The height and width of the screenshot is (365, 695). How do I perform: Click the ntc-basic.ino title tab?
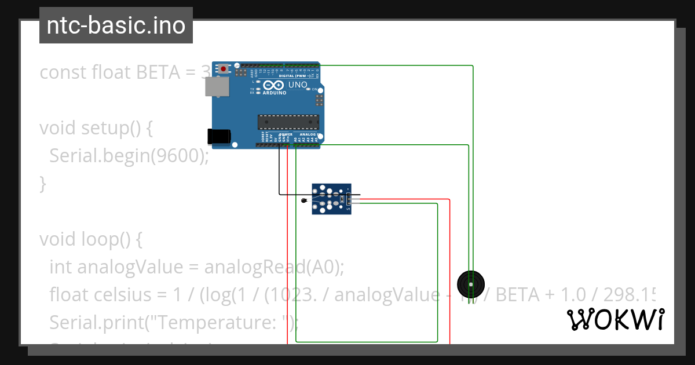pos(116,25)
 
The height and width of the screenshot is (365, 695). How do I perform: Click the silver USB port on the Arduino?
pos(217,86)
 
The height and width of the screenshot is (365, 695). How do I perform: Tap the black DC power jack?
pos(219,136)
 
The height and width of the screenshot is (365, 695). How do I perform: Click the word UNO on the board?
pos(298,85)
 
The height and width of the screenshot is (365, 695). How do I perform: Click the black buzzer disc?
pos(470,284)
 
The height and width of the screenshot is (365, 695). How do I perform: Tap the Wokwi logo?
pos(615,319)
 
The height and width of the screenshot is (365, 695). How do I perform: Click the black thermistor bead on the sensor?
pos(305,200)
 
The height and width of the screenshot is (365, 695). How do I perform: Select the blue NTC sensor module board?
pos(331,199)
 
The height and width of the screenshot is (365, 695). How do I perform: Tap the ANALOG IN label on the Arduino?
pos(309,134)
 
